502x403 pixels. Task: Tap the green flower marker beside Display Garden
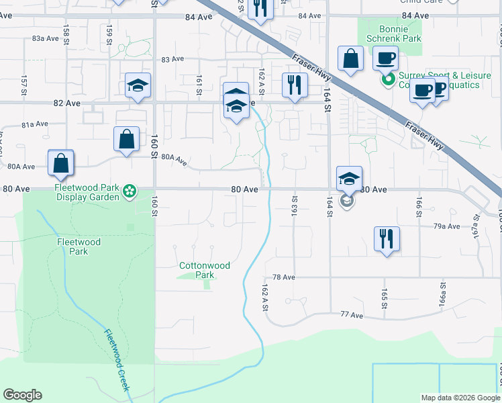pyautogui.click(x=129, y=193)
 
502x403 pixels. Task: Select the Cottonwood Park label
pyautogui.click(x=205, y=270)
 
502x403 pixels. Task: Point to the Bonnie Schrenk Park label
pyautogui.click(x=393, y=34)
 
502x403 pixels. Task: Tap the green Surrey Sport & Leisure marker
pyautogui.click(x=387, y=80)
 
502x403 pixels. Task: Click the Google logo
pyautogui.click(x=22, y=395)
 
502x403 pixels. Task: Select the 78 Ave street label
pyautogui.click(x=284, y=277)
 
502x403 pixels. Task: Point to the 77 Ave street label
pyautogui.click(x=351, y=314)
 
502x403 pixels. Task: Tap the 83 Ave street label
pyautogui.click(x=172, y=59)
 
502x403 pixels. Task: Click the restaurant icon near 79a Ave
pyautogui.click(x=387, y=238)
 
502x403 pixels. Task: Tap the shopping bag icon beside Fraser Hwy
pyautogui.click(x=350, y=58)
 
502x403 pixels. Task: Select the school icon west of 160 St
pyautogui.click(x=138, y=85)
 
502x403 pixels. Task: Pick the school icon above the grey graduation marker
pyautogui.click(x=349, y=179)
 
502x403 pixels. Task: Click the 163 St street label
pyautogui.click(x=295, y=201)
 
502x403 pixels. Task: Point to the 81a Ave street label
pyautogui.click(x=34, y=124)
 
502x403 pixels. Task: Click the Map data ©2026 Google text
pyautogui.click(x=460, y=398)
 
